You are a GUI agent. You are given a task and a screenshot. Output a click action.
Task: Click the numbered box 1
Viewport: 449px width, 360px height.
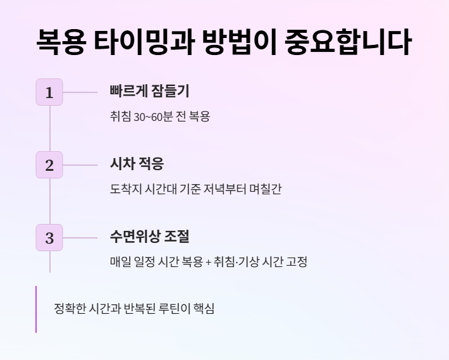tap(49, 92)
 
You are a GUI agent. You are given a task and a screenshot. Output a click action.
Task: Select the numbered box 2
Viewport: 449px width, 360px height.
tap(49, 165)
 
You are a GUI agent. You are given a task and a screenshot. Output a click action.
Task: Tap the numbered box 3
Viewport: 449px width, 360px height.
tap(49, 238)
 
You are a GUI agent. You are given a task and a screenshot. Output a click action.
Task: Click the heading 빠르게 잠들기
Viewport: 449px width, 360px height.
tap(149, 91)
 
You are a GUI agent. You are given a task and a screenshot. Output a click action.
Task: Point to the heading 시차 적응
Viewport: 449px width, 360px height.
tap(137, 164)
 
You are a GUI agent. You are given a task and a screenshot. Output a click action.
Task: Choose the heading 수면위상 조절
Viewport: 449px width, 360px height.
tap(149, 237)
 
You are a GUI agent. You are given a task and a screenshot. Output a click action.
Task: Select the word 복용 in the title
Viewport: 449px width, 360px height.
tap(60, 42)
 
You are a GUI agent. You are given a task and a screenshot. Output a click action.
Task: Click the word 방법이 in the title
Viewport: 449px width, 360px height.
tap(240, 42)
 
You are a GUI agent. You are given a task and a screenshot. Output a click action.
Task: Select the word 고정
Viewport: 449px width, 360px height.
tap(297, 261)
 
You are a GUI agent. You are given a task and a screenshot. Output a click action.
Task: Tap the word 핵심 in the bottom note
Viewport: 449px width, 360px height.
tap(204, 309)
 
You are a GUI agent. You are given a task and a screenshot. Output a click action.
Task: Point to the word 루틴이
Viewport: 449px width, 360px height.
tap(172, 309)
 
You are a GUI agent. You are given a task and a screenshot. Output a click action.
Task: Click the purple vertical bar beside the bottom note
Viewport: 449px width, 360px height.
tap(36, 309)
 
